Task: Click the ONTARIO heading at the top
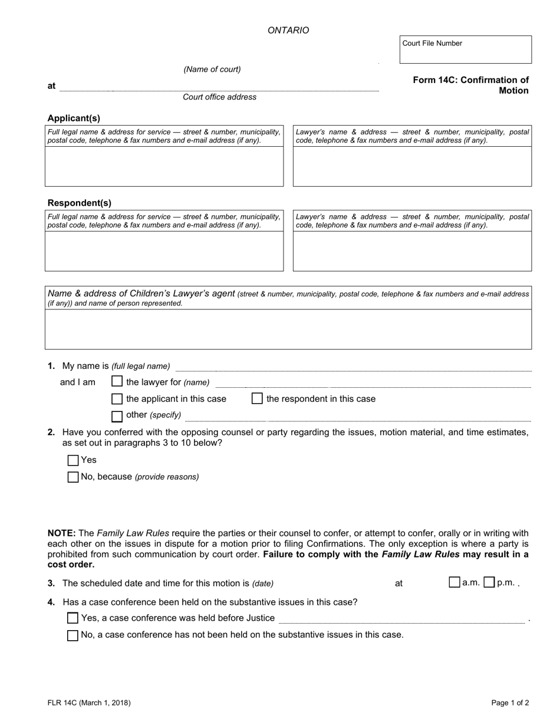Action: tap(288, 31)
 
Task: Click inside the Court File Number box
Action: tap(465, 52)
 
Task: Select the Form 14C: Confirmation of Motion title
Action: tap(470, 85)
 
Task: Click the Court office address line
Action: tap(219, 90)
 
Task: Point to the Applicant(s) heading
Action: tap(74, 118)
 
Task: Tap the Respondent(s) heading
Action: tap(79, 203)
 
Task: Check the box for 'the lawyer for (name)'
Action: tap(117, 382)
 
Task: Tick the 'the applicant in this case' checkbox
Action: tap(117, 399)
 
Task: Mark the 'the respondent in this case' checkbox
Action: tap(257, 399)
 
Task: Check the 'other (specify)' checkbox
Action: tap(117, 416)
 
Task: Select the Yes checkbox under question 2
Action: tap(73, 460)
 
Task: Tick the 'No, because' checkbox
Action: tap(73, 477)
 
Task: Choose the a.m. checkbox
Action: tap(454, 583)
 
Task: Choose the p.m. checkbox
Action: tap(489, 583)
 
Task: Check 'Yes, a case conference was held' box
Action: tap(73, 618)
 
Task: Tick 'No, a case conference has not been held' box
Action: tap(73, 635)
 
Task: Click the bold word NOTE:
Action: tap(61, 533)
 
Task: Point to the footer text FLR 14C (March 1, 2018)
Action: tap(89, 703)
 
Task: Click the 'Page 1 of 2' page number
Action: tap(510, 703)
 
